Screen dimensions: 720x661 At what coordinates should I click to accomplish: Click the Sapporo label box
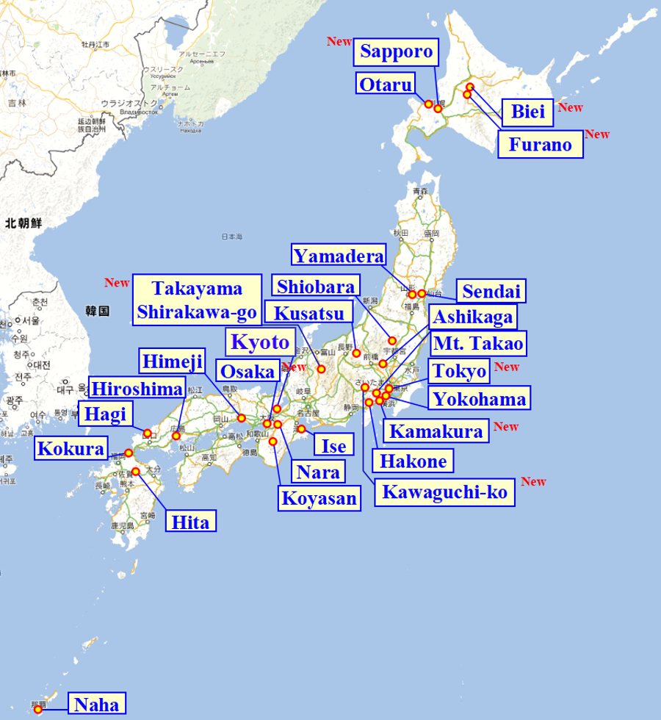(397, 52)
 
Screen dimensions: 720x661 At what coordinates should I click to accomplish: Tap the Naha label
(96, 705)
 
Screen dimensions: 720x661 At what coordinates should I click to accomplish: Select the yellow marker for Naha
(38, 709)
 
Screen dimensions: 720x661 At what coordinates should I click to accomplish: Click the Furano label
(540, 145)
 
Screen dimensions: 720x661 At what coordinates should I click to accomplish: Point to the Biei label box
(528, 112)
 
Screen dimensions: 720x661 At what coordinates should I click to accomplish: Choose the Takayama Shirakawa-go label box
(197, 300)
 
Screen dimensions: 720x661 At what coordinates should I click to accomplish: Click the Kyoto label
(260, 342)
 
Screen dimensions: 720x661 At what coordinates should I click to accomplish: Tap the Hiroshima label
(137, 389)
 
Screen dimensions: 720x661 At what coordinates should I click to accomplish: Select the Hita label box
(191, 522)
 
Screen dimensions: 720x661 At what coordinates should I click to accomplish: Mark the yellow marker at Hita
(135, 471)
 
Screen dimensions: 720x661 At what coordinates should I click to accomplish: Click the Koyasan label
(319, 498)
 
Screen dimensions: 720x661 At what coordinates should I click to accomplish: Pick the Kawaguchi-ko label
(444, 492)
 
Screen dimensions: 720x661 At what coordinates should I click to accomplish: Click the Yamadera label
(339, 255)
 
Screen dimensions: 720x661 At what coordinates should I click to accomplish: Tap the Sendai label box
(491, 291)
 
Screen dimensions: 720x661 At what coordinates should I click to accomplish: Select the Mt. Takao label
(478, 343)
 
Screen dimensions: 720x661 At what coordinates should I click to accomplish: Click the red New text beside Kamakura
(506, 426)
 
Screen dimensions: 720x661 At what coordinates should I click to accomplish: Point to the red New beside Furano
(597, 134)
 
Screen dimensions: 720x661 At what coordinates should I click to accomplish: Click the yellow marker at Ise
(301, 429)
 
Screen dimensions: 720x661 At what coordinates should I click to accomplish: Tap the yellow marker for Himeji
(242, 418)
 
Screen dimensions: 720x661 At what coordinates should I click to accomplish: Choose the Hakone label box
(413, 461)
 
